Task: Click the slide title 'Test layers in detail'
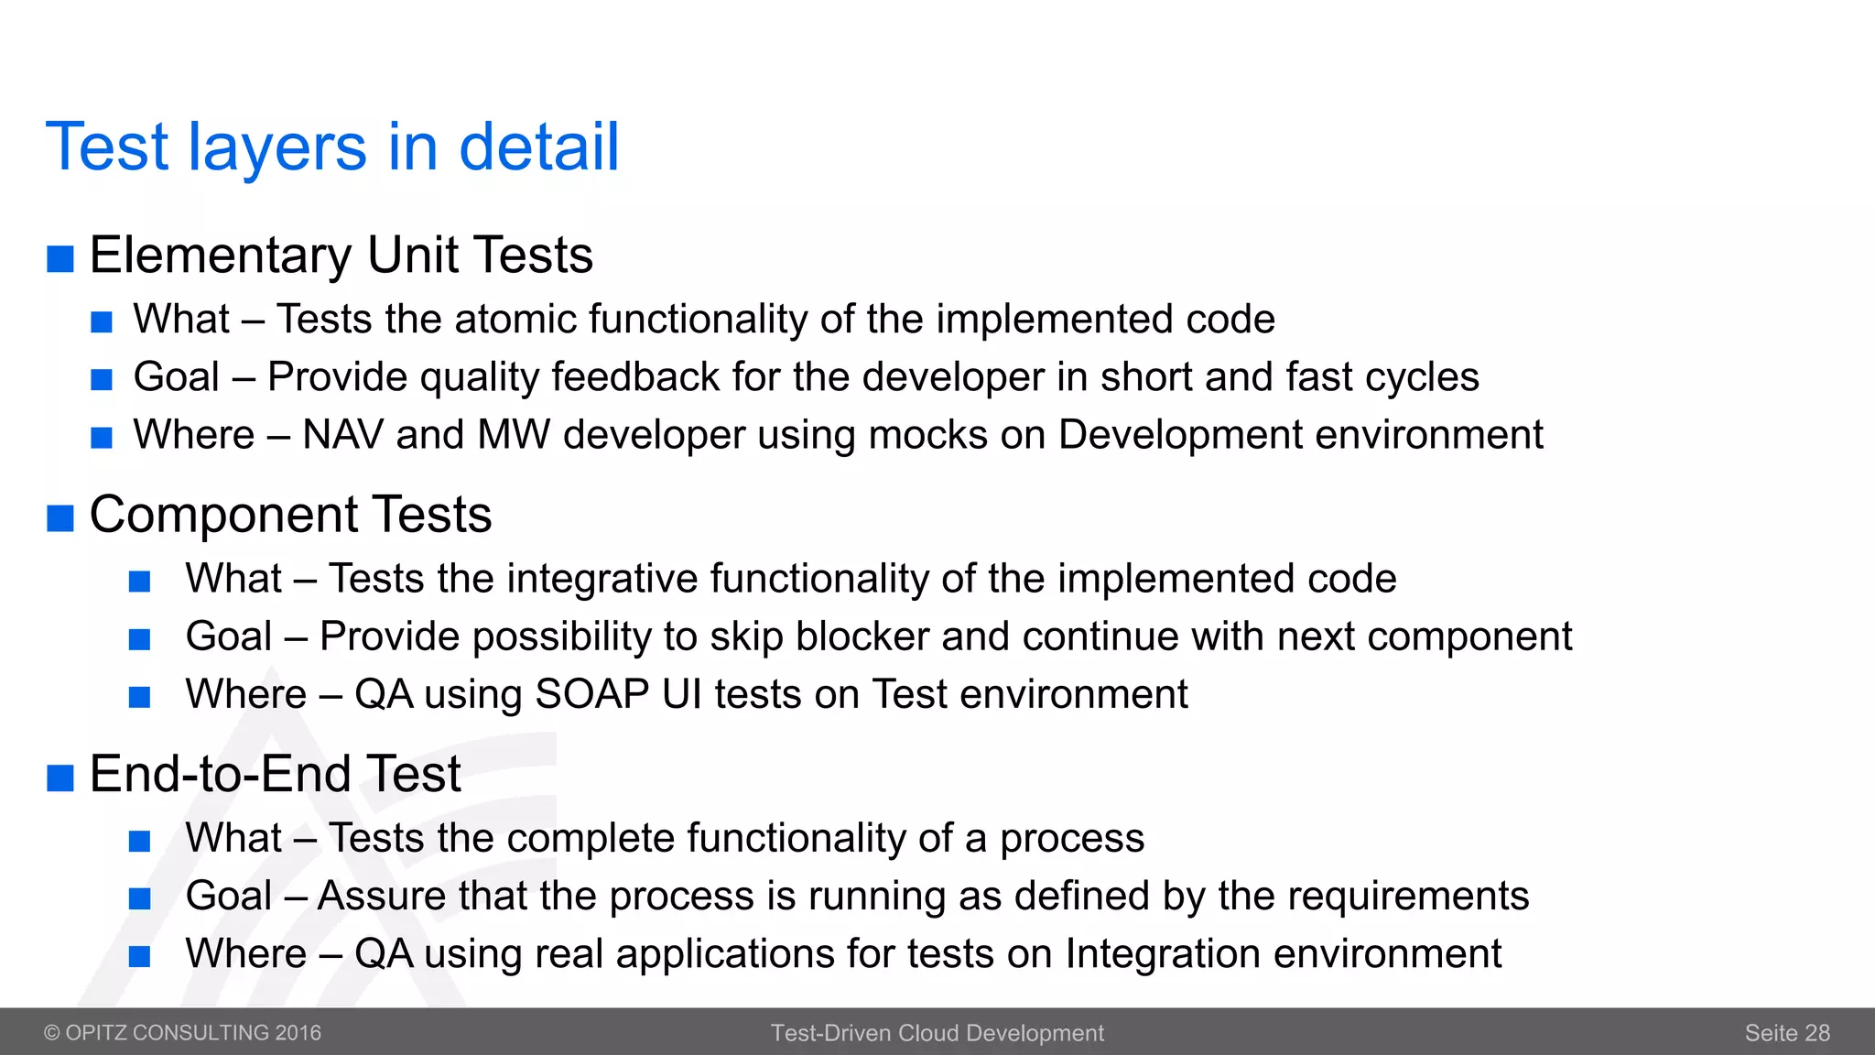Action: [332, 147]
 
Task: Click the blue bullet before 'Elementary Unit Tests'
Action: [60, 259]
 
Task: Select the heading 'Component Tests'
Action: [290, 515]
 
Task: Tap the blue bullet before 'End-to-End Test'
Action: [60, 778]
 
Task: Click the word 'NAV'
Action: [342, 435]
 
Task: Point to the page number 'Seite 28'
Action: [1786, 1033]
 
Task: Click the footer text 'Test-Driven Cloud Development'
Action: [937, 1033]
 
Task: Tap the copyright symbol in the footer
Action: [52, 1033]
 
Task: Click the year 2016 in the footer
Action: [298, 1033]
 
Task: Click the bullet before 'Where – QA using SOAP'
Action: [139, 698]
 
